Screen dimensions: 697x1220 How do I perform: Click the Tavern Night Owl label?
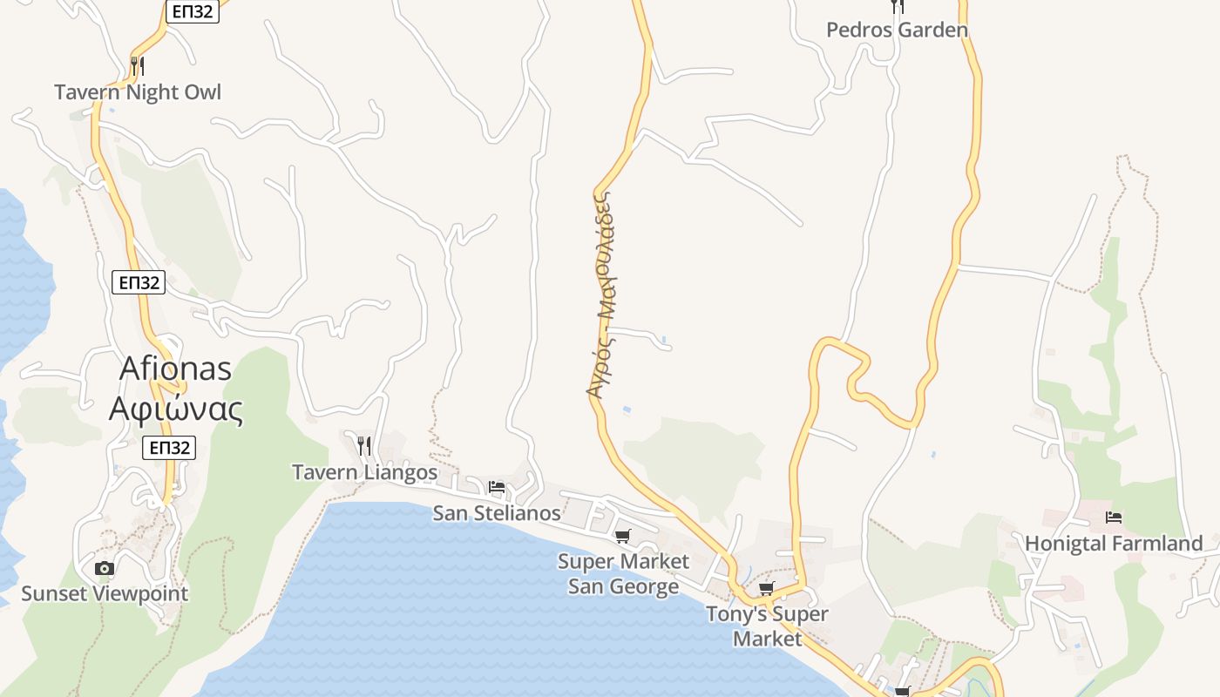pos(138,92)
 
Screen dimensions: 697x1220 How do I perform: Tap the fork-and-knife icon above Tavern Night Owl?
pos(137,64)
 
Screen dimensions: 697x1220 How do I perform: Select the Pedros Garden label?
pos(897,30)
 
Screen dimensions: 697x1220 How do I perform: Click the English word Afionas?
pos(175,369)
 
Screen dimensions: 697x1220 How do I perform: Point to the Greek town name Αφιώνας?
pos(175,408)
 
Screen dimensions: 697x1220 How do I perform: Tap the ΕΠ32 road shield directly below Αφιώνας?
pos(169,448)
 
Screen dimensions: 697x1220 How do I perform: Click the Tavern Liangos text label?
pos(364,472)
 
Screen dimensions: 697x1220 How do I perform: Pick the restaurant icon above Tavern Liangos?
pos(364,446)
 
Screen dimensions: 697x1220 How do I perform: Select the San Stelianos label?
pos(497,513)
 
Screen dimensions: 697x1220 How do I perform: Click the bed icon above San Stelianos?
pos(497,487)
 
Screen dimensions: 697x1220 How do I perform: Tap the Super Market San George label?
pos(623,573)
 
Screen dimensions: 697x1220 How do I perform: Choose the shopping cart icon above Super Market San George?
pos(622,536)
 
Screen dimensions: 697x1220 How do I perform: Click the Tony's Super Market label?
pos(767,626)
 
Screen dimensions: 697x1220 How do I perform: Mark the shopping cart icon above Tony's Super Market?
pos(767,589)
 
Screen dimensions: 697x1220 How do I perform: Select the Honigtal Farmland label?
pos(1114,544)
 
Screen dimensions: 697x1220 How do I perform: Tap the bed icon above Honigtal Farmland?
pos(1114,518)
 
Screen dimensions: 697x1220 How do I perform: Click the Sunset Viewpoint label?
pos(105,594)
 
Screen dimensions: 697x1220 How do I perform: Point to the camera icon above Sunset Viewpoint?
pos(105,568)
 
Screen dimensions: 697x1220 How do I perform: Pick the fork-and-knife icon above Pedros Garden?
pos(898,6)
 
